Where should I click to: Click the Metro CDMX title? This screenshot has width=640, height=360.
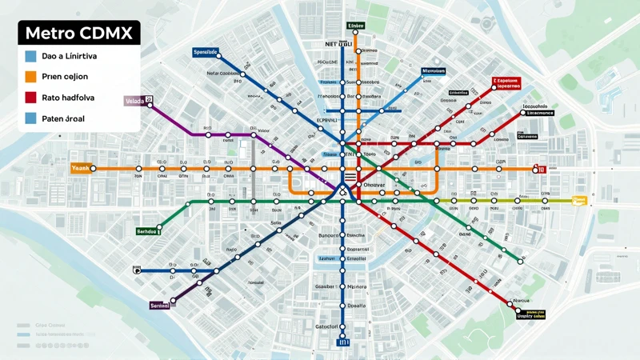pos(78,34)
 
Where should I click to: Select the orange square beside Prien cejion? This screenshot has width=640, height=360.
pos(30,77)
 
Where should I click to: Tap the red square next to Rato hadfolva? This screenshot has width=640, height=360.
pos(30,98)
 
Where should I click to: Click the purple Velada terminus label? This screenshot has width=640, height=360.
pos(134,102)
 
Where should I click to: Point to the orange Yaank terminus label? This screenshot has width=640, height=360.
pos(81,169)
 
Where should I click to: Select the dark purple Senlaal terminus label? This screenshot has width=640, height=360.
pos(161,305)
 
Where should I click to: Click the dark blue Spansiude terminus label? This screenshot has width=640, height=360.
pos(206,52)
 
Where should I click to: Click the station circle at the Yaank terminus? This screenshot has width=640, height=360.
pos(94,169)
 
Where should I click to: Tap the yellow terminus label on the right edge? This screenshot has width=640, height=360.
pos(580,200)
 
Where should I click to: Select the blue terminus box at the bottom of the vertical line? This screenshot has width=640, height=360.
pos(345,342)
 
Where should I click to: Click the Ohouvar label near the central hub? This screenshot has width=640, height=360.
pos(374,185)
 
